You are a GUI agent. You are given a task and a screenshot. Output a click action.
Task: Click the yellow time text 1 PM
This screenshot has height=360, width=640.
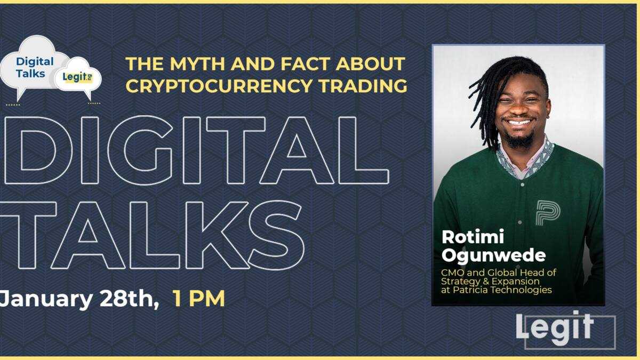(198, 299)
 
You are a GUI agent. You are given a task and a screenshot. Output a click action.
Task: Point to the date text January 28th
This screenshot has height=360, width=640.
(80, 299)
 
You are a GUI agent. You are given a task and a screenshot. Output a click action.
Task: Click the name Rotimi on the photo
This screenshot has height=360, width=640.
(466, 238)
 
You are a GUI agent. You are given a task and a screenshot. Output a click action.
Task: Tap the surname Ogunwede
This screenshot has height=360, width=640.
(493, 255)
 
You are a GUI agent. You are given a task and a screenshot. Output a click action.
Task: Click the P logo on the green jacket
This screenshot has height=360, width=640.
(548, 212)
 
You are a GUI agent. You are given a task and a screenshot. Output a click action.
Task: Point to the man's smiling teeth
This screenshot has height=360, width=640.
(518, 122)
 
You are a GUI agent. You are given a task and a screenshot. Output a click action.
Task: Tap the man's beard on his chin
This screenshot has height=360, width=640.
(519, 140)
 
